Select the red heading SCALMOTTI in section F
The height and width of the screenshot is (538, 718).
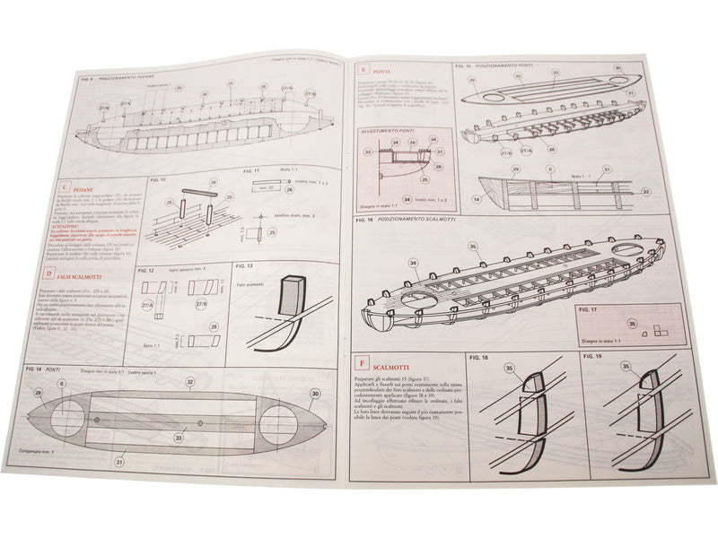[x=390, y=366]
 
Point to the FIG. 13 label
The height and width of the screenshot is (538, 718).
[x=246, y=266]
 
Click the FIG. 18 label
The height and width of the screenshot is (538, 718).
[x=477, y=357]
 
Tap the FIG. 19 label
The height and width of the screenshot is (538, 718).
[x=591, y=357]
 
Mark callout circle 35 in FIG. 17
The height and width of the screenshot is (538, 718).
[x=632, y=325]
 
